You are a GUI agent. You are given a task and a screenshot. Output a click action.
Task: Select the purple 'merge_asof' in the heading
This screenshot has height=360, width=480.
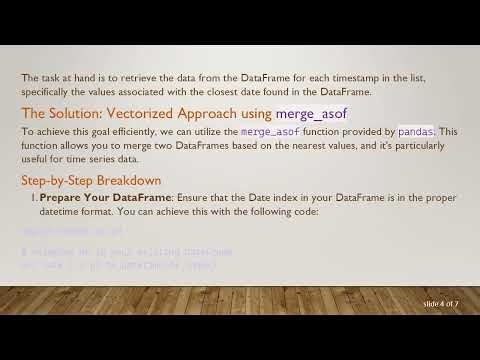pyautogui.click(x=312, y=113)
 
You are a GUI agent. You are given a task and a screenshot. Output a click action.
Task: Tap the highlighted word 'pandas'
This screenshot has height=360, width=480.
pyautogui.click(x=416, y=131)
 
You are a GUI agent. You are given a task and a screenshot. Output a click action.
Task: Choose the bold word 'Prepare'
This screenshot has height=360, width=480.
pyautogui.click(x=62, y=198)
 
